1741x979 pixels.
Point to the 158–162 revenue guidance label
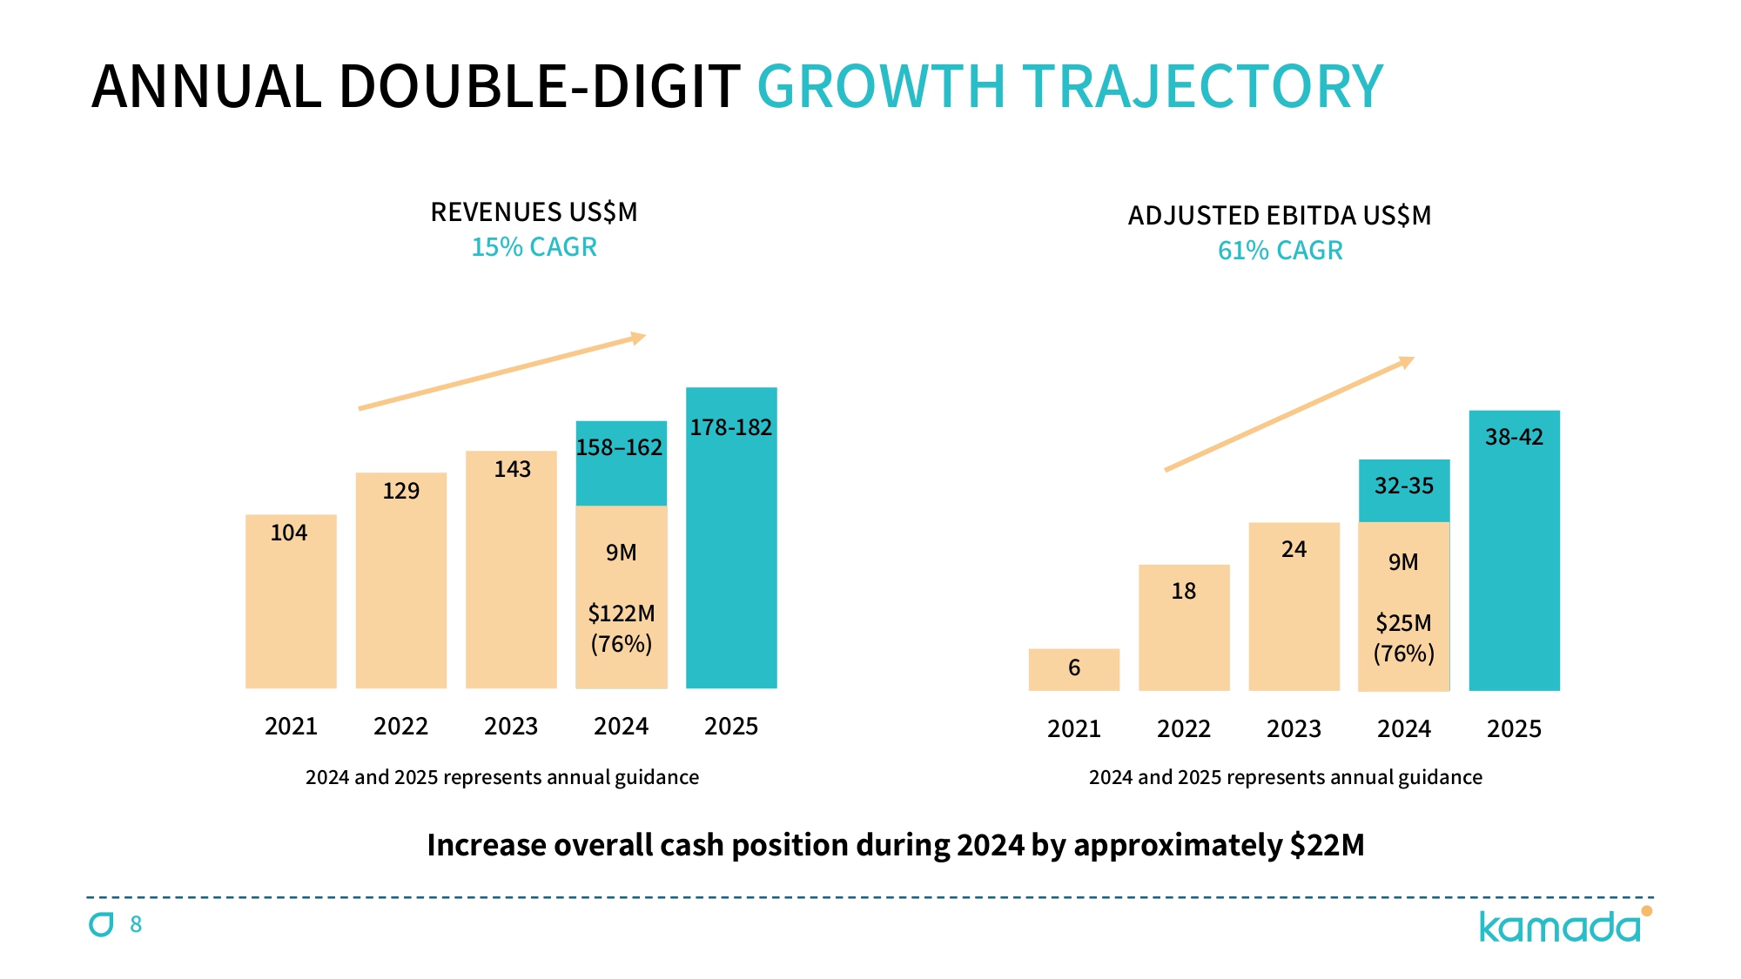click(x=619, y=447)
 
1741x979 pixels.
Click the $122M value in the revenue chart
click(x=621, y=614)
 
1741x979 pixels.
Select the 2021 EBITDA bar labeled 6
click(x=1073, y=669)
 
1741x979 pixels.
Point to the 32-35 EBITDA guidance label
click(x=1403, y=486)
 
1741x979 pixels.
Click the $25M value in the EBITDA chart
click(x=1403, y=623)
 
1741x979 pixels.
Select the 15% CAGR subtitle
click(x=534, y=247)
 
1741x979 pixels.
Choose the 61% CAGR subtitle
click(x=1280, y=251)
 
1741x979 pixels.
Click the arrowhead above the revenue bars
click(x=638, y=338)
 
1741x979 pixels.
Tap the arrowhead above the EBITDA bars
click(x=1406, y=362)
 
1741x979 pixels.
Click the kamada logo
click(x=1563, y=926)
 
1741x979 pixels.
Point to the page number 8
click(x=136, y=924)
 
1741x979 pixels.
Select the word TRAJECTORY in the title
click(x=1202, y=87)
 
